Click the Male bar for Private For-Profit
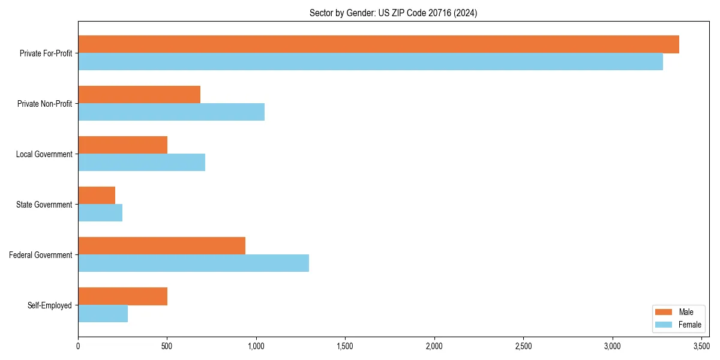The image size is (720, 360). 378,44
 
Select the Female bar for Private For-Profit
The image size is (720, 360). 370,62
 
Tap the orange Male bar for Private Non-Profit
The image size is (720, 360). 139,95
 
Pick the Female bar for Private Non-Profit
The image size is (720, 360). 171,112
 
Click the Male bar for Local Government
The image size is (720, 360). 122,145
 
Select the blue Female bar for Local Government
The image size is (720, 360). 142,163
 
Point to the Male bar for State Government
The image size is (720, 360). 97,196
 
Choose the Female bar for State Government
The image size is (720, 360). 100,213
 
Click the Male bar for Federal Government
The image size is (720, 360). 161,246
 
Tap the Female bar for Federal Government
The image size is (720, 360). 193,263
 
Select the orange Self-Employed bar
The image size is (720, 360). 122,296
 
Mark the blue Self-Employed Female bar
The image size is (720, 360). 103,314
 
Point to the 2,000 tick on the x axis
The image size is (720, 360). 434,346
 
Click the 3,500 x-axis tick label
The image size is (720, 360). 701,346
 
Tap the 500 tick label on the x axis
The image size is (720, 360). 167,346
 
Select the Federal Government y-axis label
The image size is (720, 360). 40,255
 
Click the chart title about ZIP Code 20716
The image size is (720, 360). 393,13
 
